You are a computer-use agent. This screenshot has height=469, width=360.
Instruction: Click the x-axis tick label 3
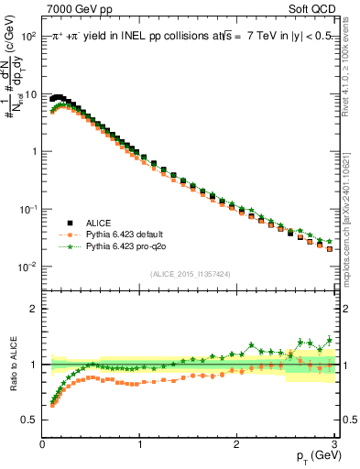click(334, 444)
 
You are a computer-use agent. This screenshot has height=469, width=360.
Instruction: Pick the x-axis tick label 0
click(42, 444)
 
